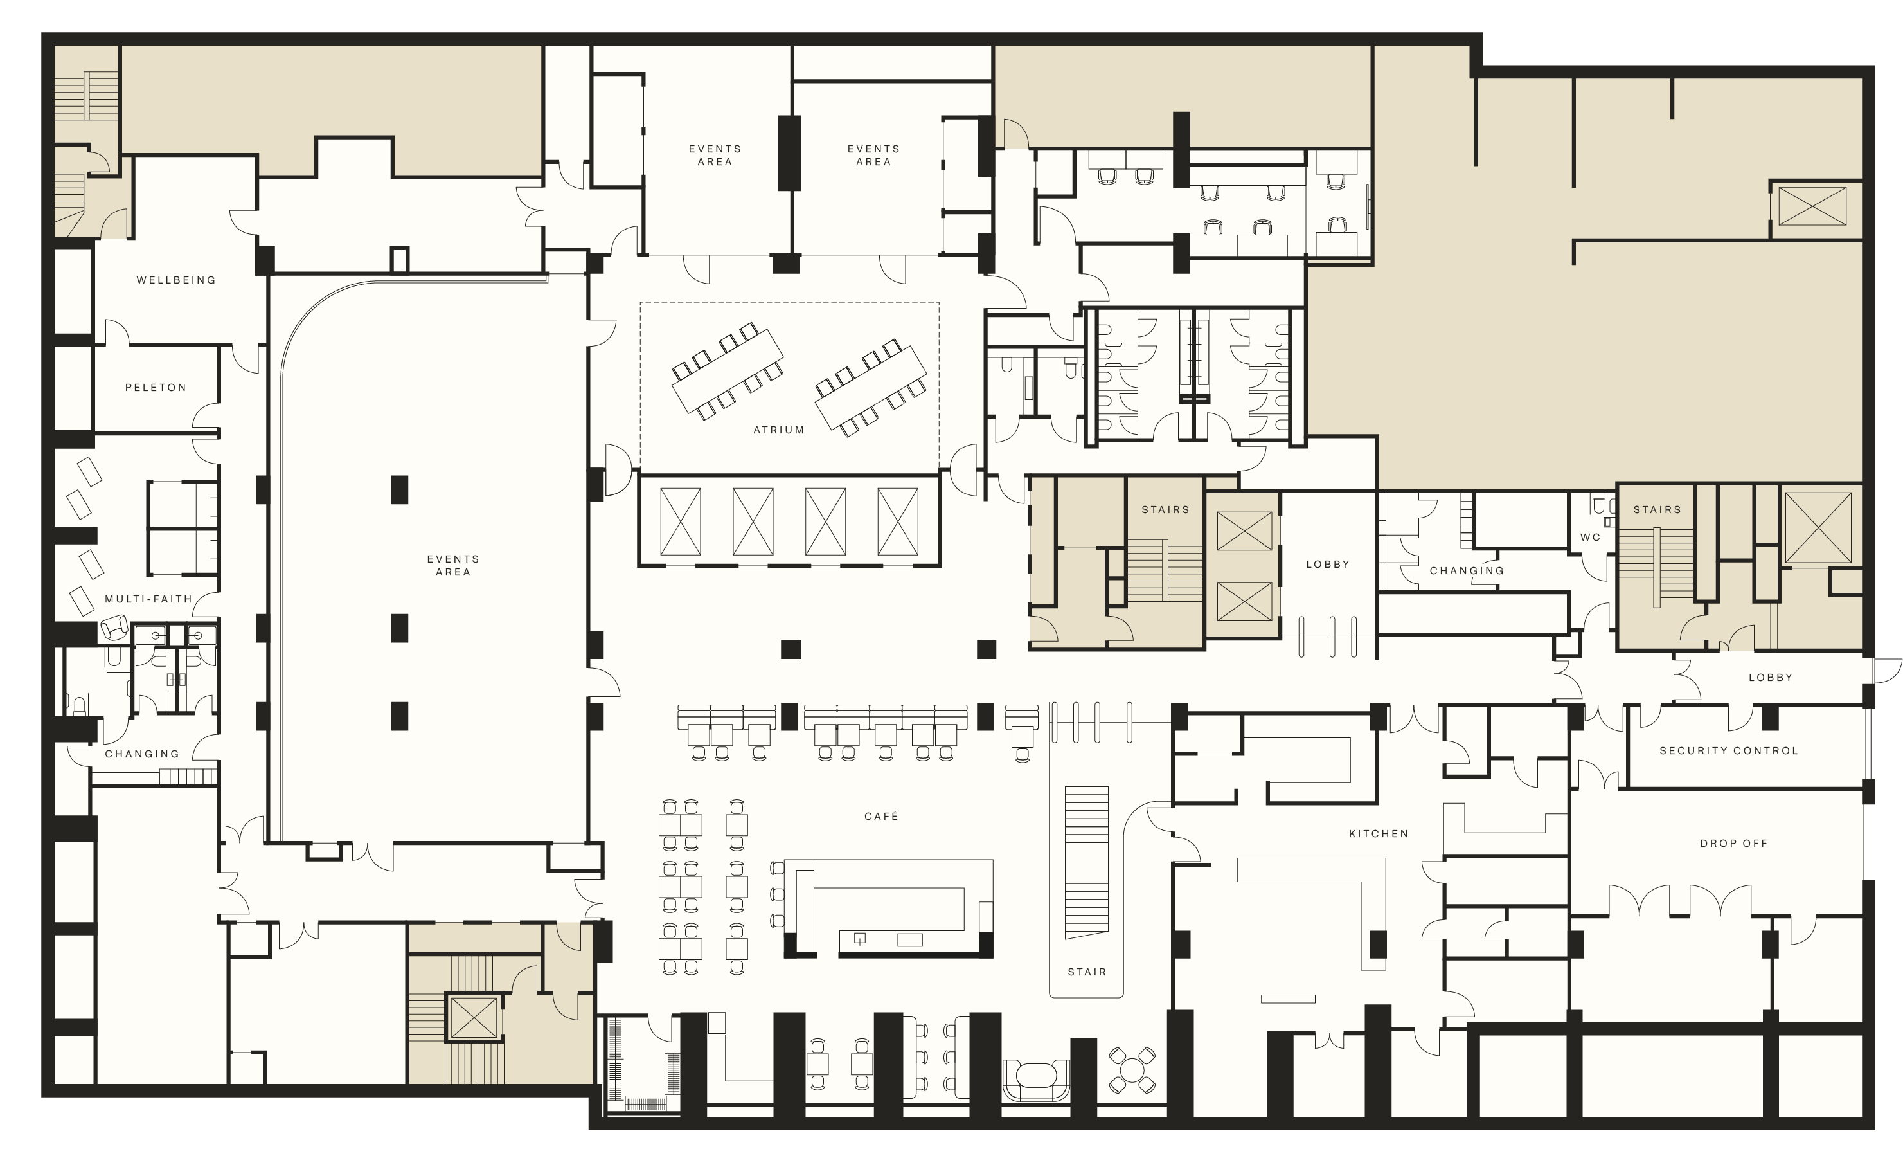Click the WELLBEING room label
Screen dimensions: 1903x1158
coord(176,280)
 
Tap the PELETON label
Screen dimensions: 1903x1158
coord(156,388)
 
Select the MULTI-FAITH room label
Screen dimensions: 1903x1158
coord(148,599)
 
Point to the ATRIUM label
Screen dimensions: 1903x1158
coord(778,430)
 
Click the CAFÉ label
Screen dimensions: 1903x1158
coord(881,816)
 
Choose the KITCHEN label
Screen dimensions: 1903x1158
coord(1379,833)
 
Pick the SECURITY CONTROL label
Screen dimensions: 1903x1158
coord(1728,751)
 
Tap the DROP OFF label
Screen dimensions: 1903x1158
coord(1734,844)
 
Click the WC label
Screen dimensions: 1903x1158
coord(1590,538)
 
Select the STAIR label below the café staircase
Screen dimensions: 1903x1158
coord(1087,972)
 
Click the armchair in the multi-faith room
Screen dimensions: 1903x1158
coord(115,628)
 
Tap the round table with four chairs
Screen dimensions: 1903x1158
coord(1132,1070)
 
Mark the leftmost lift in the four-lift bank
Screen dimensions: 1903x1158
coord(681,521)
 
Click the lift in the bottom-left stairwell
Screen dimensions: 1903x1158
coord(474,1017)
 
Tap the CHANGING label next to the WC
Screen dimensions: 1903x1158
coord(1467,571)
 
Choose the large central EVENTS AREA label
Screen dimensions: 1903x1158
coord(453,565)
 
